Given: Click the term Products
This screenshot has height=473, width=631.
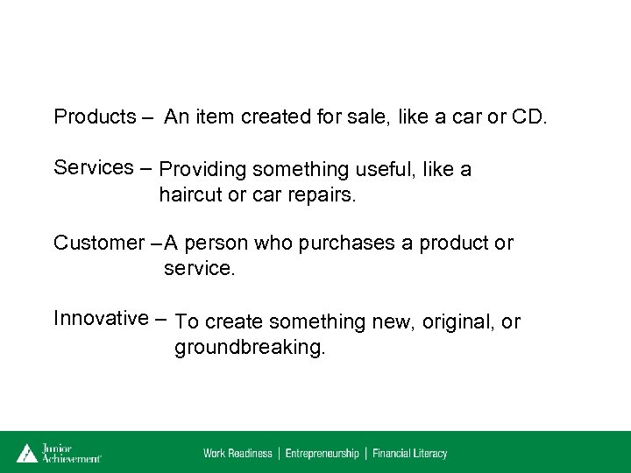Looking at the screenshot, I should pyautogui.click(x=95, y=116).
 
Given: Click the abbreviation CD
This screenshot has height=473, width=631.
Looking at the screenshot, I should pyautogui.click(x=528, y=116).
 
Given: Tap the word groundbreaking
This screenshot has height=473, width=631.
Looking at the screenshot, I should pyautogui.click(x=249, y=348).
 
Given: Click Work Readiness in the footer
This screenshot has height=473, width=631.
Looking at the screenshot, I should pyautogui.click(x=238, y=453).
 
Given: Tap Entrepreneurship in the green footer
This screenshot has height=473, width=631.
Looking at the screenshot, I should pyautogui.click(x=322, y=453).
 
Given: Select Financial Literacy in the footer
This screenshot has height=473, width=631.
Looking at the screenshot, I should pyautogui.click(x=409, y=453).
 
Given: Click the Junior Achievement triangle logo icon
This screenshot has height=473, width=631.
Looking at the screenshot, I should pyautogui.click(x=27, y=452).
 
